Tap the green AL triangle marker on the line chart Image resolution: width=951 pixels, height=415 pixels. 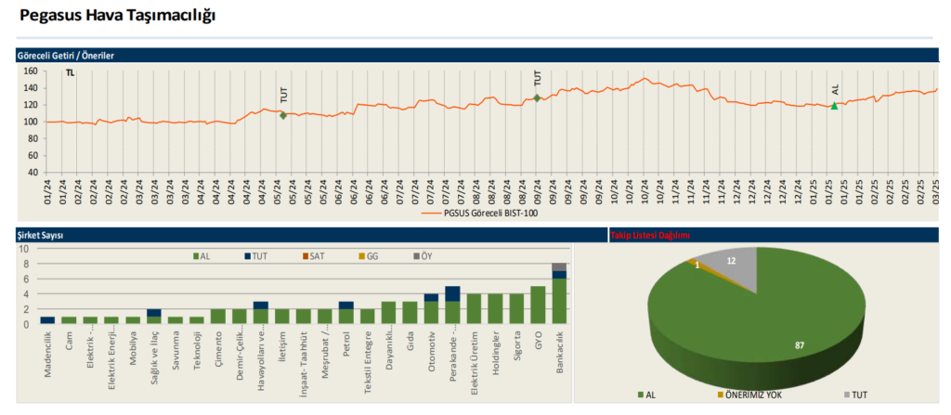[834, 106]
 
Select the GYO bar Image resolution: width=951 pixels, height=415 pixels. [537, 305]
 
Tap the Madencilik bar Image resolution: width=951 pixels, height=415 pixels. [47, 320]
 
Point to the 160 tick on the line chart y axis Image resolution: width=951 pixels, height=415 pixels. [30, 71]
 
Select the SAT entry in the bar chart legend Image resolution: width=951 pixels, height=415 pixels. [316, 256]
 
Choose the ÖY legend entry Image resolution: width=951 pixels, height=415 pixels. [423, 256]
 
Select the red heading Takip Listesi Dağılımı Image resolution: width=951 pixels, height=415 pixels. [649, 236]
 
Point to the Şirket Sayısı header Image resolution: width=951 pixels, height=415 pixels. [41, 236]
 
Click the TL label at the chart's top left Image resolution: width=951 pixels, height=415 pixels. [70, 72]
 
